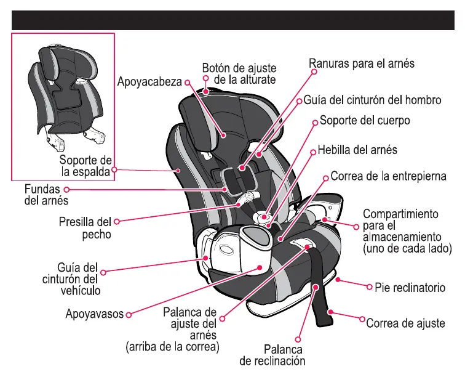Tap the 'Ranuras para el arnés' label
362,63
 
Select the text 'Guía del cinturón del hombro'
372,100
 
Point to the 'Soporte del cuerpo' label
365,120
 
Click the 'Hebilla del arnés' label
357,150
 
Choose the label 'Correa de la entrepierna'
388,176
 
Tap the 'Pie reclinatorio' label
410,288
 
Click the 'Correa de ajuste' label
405,323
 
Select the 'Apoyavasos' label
95,314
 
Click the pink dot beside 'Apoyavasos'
129,314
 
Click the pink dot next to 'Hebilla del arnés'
313,150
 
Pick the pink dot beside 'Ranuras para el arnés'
313,71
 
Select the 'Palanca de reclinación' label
272,355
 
